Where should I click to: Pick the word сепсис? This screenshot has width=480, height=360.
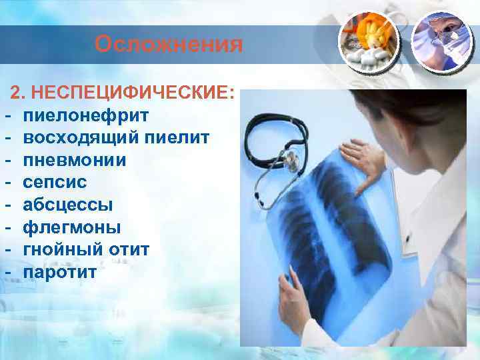point(55,183)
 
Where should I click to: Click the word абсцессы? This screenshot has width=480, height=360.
point(68,205)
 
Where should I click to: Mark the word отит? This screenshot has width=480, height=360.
point(131,250)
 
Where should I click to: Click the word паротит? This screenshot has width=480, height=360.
point(59,273)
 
